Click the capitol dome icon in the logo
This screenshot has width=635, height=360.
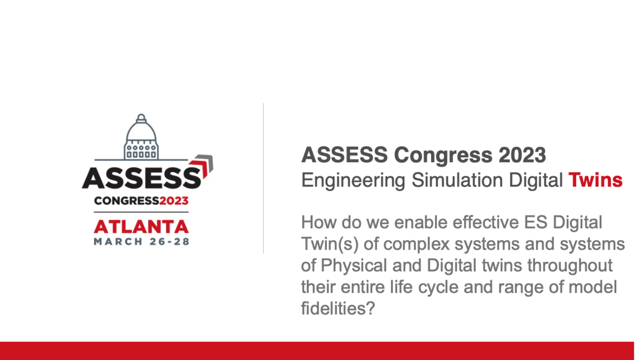[141, 138]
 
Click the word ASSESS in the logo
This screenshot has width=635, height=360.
[141, 178]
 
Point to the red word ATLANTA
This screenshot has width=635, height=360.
[141, 227]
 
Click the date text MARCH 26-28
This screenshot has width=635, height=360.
[141, 241]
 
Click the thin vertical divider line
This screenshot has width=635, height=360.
[263, 179]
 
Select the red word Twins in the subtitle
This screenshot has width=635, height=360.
[595, 180]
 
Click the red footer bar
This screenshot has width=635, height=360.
[317, 350]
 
